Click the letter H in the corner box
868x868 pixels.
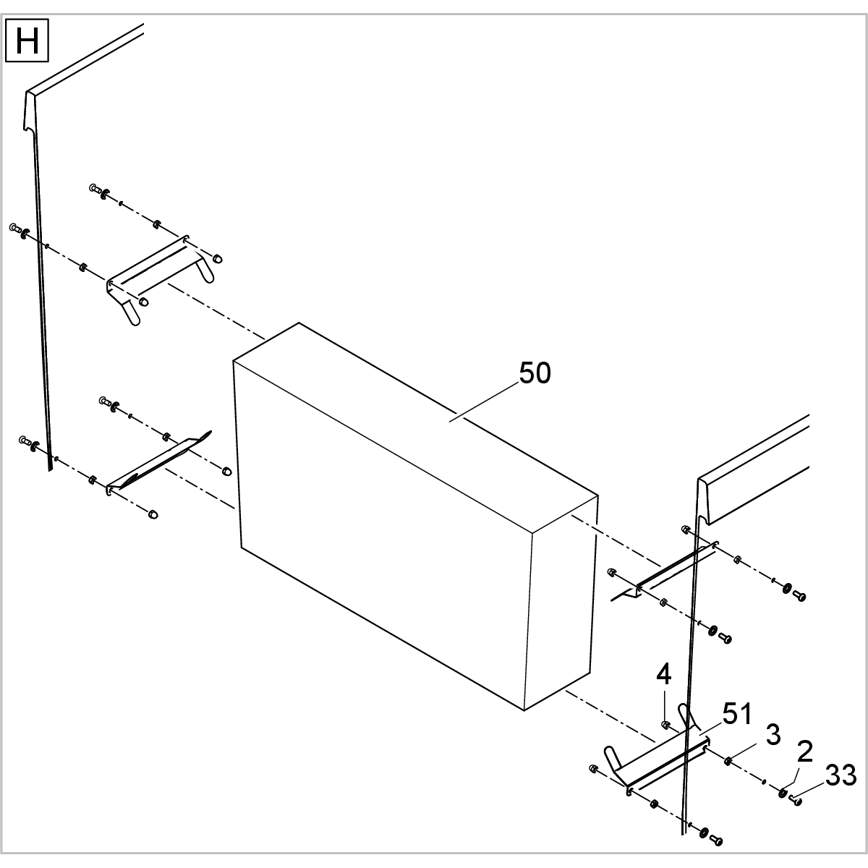[x=27, y=41]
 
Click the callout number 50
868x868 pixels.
[x=535, y=373]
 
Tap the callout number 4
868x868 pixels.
[x=664, y=675]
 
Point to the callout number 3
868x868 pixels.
[x=773, y=735]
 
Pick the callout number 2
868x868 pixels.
[x=804, y=752]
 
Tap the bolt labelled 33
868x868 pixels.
[x=796, y=800]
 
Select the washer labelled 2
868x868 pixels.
[x=783, y=793]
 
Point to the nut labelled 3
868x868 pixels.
[x=728, y=759]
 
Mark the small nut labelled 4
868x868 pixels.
[x=665, y=725]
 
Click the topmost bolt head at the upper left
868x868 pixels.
[x=94, y=188]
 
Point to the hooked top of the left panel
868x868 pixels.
[x=30, y=112]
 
